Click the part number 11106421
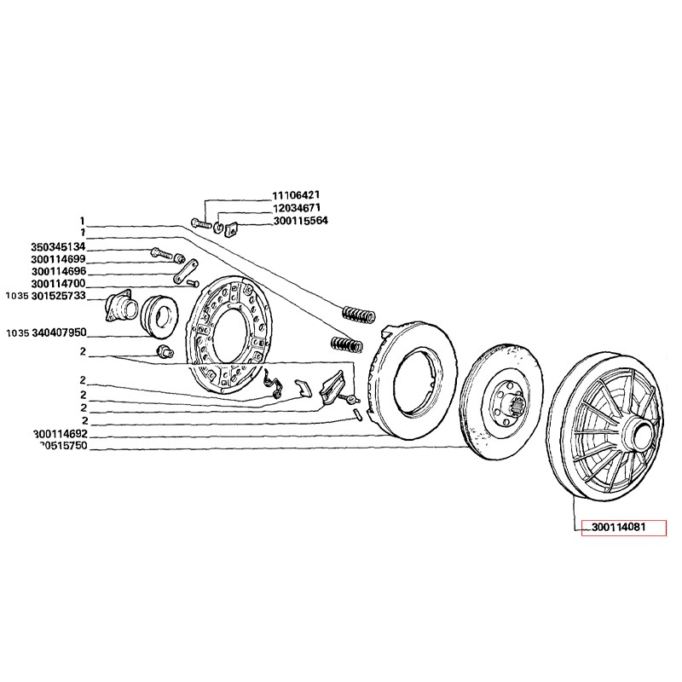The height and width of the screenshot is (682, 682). click(296, 195)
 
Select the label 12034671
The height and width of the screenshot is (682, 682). click(296, 208)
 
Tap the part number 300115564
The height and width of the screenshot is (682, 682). click(299, 221)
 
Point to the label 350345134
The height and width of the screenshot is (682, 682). click(58, 247)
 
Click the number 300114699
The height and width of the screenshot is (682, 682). click(58, 259)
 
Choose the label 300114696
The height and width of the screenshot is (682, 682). click(58, 271)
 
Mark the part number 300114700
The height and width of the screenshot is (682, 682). click(58, 284)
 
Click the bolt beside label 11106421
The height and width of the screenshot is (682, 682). click(202, 223)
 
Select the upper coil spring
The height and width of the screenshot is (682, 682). click(358, 313)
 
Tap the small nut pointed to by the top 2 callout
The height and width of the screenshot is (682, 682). click(163, 353)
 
